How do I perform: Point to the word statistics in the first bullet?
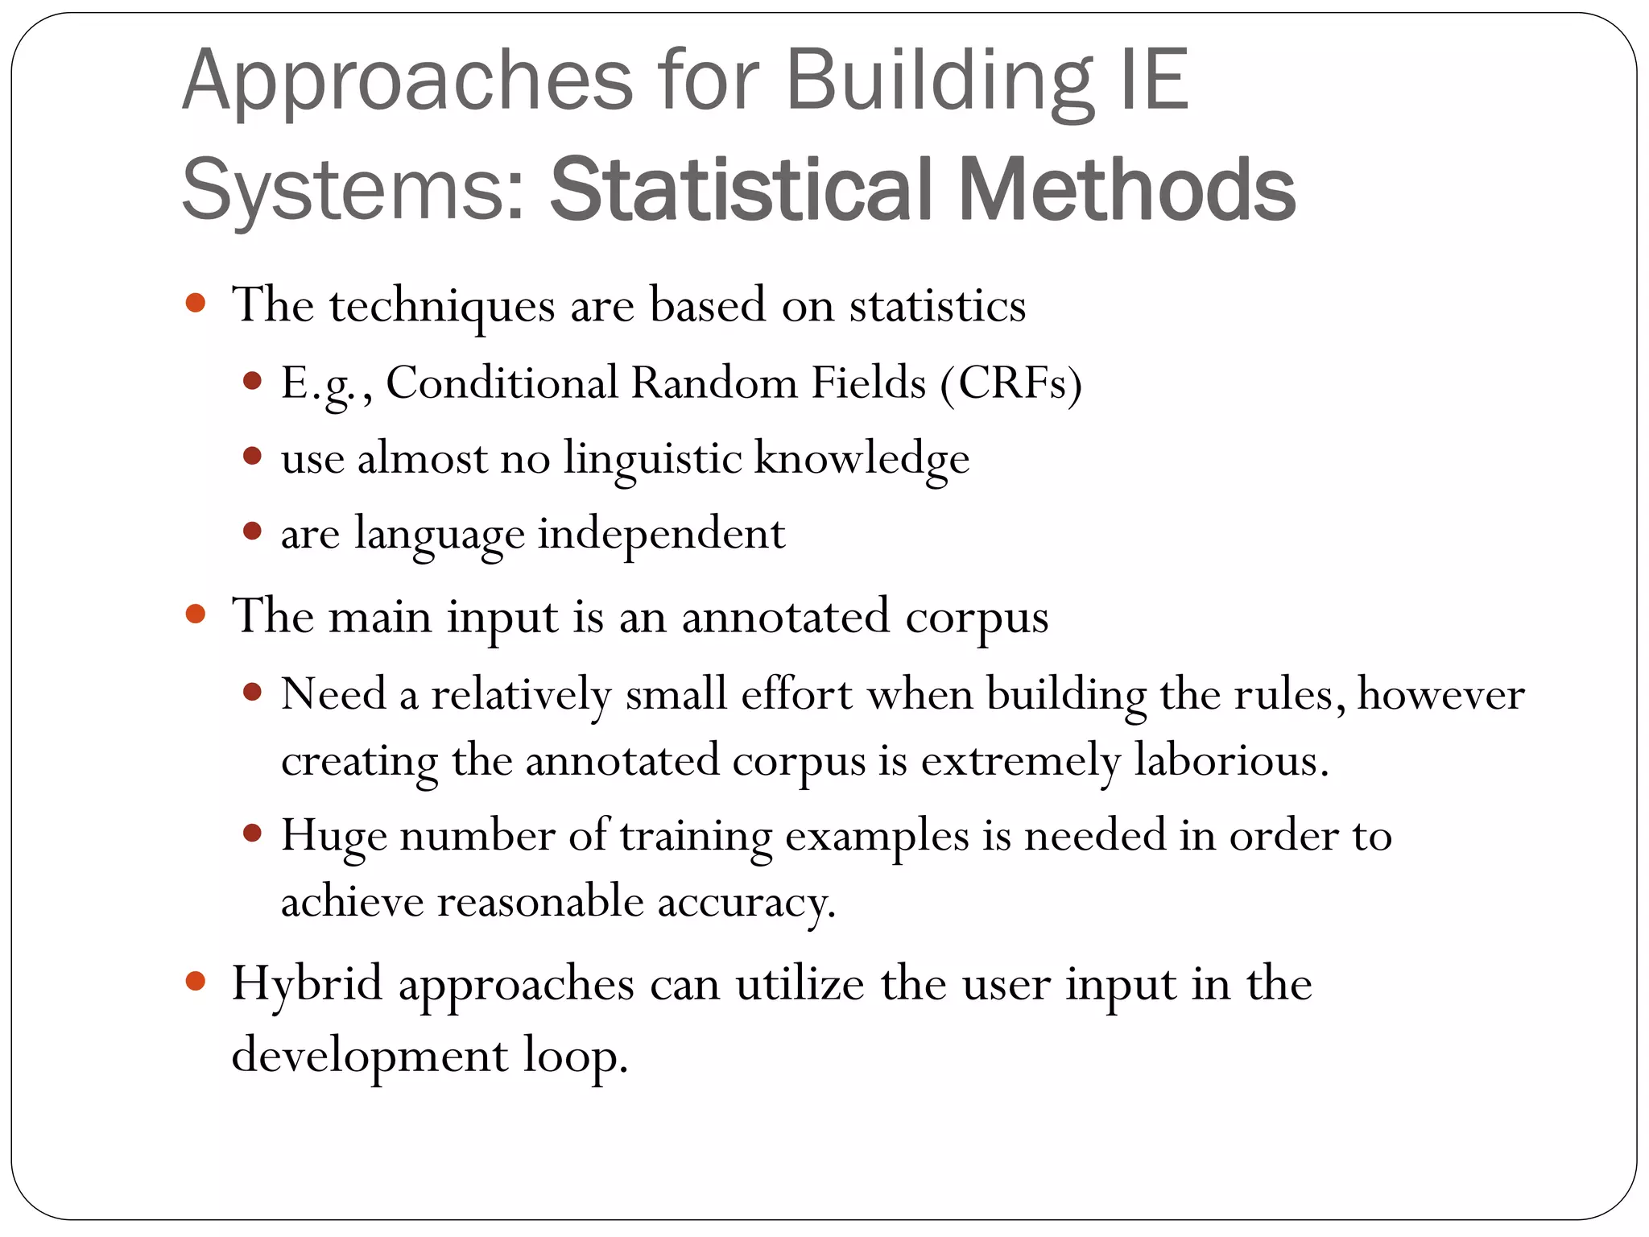(937, 306)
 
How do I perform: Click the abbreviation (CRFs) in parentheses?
(1011, 383)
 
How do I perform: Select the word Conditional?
(501, 383)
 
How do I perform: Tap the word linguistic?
(652, 459)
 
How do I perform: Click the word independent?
(661, 534)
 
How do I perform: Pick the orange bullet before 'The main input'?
(196, 614)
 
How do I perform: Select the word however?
(1440, 694)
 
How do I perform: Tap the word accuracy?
(746, 903)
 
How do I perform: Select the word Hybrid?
(307, 984)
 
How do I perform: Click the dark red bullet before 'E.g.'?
(253, 380)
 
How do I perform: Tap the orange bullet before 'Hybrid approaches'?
(196, 981)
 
